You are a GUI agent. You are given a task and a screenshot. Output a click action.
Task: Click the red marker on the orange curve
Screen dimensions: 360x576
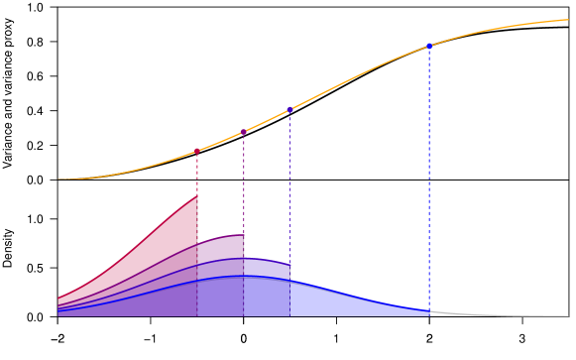pyautogui.click(x=197, y=151)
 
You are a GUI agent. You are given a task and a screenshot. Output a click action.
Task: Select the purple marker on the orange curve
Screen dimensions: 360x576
pyautogui.click(x=244, y=131)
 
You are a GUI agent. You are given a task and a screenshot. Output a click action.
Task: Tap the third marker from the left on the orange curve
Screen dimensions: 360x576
pyautogui.click(x=289, y=109)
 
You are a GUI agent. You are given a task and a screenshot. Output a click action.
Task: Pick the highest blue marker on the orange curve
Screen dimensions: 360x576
pyautogui.click(x=429, y=46)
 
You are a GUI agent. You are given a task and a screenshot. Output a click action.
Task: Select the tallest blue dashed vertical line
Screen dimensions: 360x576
pyautogui.click(x=429, y=179)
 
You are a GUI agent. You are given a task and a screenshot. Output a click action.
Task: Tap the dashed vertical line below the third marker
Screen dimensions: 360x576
pyautogui.click(x=289, y=188)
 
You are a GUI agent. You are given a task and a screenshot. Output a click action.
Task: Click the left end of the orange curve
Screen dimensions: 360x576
pyautogui.click(x=58, y=179)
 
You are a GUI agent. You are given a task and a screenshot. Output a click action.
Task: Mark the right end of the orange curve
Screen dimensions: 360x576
pyautogui.click(x=568, y=20)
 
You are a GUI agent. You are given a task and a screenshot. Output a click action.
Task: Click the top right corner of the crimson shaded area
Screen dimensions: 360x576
pyautogui.click(x=196, y=195)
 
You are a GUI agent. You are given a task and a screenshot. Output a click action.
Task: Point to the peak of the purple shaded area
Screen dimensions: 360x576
pyautogui.click(x=242, y=235)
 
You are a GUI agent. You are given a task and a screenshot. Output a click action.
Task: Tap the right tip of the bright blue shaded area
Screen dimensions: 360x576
pyautogui.click(x=428, y=311)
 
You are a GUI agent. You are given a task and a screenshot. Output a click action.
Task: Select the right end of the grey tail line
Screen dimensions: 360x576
pyautogui.click(x=568, y=315)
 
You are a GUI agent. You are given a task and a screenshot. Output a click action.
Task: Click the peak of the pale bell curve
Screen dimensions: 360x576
pyautogui.click(x=241, y=278)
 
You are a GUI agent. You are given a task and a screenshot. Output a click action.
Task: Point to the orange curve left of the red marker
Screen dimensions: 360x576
pyautogui.click(x=129, y=171)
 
